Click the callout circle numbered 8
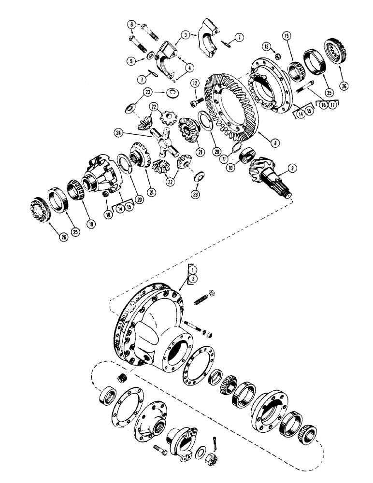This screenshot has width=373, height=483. (261, 143)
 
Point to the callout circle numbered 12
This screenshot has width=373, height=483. (195, 83)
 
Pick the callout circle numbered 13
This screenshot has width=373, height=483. (266, 46)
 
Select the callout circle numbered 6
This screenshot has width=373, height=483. (131, 25)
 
